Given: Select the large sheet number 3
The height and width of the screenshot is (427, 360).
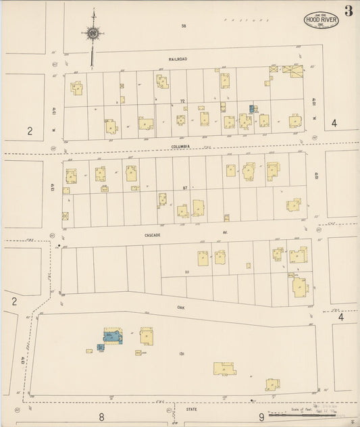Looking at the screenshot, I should (x=347, y=10).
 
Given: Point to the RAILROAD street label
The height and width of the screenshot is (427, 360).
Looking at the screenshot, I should (x=178, y=59).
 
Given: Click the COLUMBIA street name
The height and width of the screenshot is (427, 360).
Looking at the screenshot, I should (x=180, y=146).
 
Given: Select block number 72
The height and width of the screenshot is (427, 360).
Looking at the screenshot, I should (x=182, y=101).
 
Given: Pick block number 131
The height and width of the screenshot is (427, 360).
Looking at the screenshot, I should (x=182, y=353).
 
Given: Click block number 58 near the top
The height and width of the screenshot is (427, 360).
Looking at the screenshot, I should (x=182, y=26).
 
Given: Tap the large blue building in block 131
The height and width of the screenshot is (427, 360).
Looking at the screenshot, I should (x=112, y=335).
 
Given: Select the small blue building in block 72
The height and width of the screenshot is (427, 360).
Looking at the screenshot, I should (x=253, y=108).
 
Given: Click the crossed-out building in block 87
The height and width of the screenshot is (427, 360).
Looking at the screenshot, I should (x=65, y=217).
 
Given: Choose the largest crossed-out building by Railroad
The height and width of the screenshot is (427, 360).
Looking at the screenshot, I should (x=292, y=70).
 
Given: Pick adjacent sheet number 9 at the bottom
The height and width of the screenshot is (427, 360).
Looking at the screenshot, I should (x=261, y=418).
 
